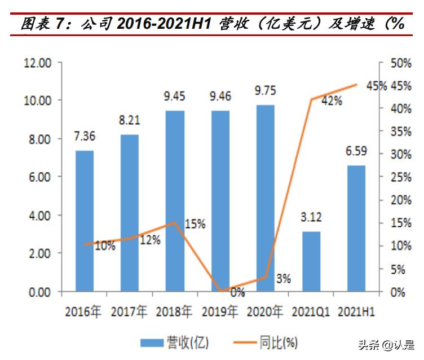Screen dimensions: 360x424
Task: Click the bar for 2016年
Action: click(85, 221)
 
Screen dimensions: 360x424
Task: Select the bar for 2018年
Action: click(175, 201)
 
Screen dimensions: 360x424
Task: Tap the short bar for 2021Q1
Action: click(311, 261)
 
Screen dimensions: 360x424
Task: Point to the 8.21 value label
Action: click(130, 120)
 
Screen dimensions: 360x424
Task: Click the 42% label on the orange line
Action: click(331, 101)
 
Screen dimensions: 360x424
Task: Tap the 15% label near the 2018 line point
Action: click(195, 224)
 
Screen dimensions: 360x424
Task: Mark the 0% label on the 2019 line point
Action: click(237, 292)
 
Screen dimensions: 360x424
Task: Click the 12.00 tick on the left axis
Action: click(38, 62)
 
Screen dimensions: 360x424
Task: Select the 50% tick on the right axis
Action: click(401, 62)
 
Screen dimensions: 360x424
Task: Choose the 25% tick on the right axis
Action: click(401, 177)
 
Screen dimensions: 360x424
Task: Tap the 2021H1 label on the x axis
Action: click(357, 311)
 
